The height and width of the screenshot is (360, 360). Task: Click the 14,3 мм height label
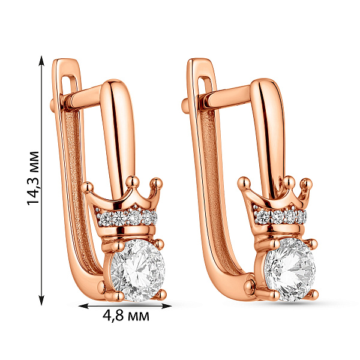click(34, 178)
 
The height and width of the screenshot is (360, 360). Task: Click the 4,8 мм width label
click(126, 316)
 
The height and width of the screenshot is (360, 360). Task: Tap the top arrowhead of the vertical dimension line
click(41, 60)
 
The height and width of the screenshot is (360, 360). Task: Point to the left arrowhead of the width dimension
click(83, 306)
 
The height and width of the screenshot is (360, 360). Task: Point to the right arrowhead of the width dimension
click(167, 306)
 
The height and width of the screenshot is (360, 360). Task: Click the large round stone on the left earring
click(138, 270)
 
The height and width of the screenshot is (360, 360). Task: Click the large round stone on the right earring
click(290, 269)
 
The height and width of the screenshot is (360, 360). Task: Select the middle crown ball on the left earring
click(133, 182)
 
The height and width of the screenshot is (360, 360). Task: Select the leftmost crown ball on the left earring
click(88, 187)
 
